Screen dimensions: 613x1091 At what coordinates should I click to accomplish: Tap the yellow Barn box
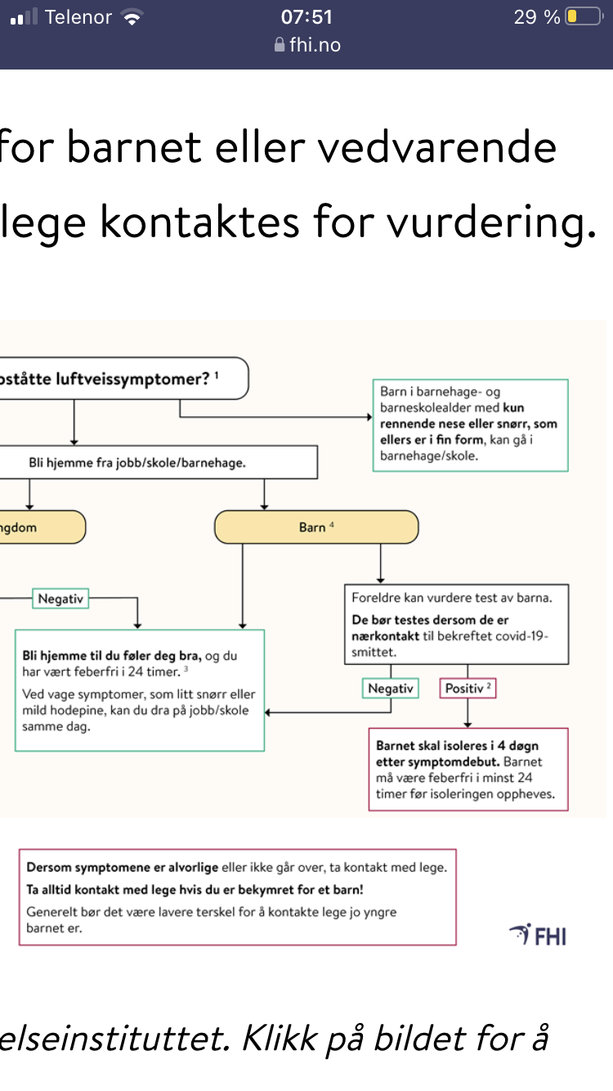pyautogui.click(x=316, y=527)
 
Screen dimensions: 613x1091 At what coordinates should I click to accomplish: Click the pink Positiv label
pyautogui.click(x=468, y=688)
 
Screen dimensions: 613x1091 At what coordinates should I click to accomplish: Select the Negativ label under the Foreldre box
pyautogui.click(x=391, y=688)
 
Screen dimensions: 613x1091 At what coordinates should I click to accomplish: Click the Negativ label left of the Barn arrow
pyautogui.click(x=60, y=599)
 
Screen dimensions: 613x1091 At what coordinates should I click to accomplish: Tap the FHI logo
pyautogui.click(x=538, y=935)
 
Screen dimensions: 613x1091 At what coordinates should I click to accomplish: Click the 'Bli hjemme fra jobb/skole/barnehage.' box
pyautogui.click(x=159, y=462)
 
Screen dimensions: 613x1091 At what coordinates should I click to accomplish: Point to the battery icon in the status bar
pyautogui.click(x=584, y=16)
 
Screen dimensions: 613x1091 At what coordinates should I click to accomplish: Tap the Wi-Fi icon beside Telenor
pyautogui.click(x=132, y=17)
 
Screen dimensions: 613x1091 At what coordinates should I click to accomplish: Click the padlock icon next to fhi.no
pyautogui.click(x=279, y=45)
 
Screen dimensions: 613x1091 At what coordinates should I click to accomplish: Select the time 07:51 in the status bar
pyautogui.click(x=306, y=17)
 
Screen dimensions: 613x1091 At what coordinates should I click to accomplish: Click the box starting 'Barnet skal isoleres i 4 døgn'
pyautogui.click(x=468, y=770)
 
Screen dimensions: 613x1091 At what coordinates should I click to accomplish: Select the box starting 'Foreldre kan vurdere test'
pyautogui.click(x=457, y=624)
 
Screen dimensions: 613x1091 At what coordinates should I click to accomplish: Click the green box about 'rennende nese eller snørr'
pyautogui.click(x=470, y=425)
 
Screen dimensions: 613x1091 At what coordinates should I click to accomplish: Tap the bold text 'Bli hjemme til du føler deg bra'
pyautogui.click(x=112, y=656)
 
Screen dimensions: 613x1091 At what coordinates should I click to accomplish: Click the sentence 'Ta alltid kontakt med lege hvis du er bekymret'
pyautogui.click(x=195, y=889)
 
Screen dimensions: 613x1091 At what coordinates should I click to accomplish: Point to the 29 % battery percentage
pyautogui.click(x=537, y=17)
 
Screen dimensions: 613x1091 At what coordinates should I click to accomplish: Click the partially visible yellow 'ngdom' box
pyautogui.click(x=43, y=527)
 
